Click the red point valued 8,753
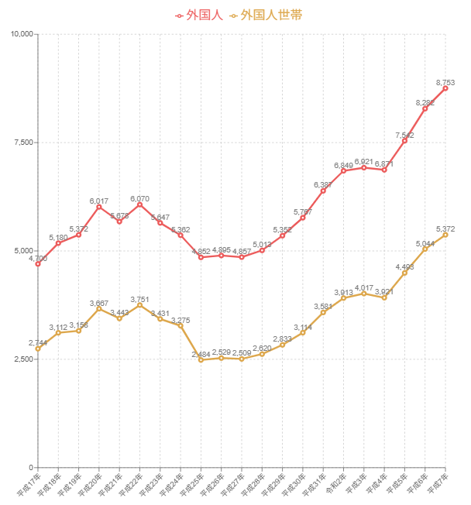coord(445,88)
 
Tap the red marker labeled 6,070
coord(139,204)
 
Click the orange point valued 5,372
coord(445,235)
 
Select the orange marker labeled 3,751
coord(139,305)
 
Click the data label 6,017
coord(99,201)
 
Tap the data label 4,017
coord(364,288)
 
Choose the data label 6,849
coord(343,165)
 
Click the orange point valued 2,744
coord(38,349)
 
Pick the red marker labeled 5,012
coord(262,250)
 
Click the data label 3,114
coord(303,328)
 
